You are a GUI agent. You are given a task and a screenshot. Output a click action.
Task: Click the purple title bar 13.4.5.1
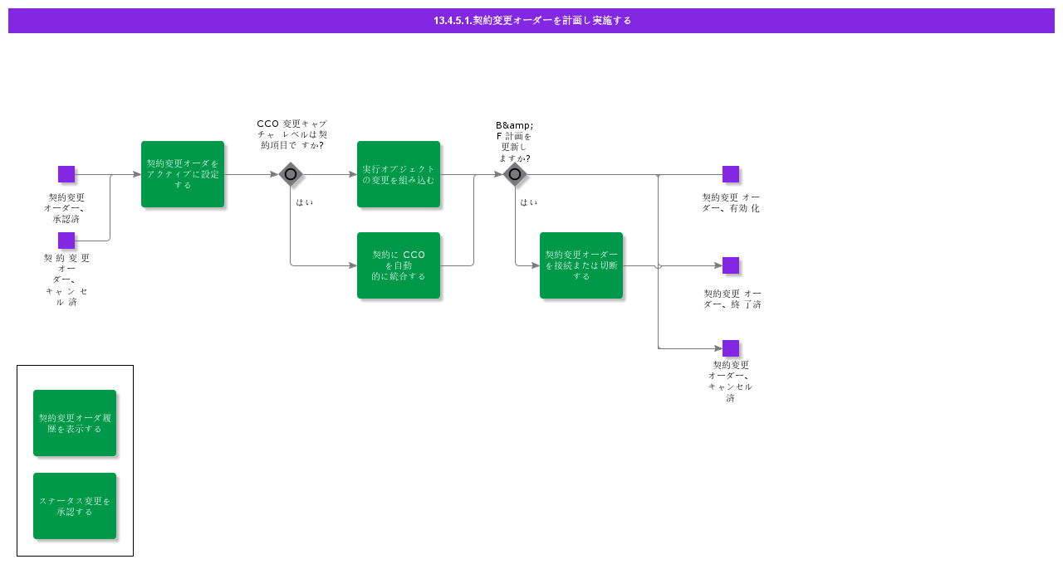pyautogui.click(x=531, y=20)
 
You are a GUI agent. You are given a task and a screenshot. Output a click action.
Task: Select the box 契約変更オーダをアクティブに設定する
pyautogui.click(x=183, y=174)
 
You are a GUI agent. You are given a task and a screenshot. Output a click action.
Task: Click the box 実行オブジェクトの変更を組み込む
pyautogui.click(x=399, y=174)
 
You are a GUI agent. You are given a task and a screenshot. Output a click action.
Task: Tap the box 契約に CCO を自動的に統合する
pyautogui.click(x=399, y=265)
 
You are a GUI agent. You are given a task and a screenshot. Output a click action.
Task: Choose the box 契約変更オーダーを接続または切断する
pyautogui.click(x=581, y=265)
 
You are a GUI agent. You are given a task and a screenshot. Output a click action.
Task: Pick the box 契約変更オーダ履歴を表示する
pyautogui.click(x=75, y=423)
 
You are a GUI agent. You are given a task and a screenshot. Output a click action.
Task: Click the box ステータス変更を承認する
pyautogui.click(x=75, y=506)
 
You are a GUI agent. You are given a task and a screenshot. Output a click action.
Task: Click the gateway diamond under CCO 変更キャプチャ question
pyautogui.click(x=291, y=174)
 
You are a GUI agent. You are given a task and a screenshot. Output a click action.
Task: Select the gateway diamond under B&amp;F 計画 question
pyautogui.click(x=515, y=174)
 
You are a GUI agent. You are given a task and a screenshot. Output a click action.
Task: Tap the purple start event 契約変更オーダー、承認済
pyautogui.click(x=66, y=174)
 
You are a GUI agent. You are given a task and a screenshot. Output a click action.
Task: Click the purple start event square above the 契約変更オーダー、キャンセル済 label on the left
pyautogui.click(x=66, y=241)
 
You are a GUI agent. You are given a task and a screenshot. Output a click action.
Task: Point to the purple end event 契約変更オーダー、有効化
pyautogui.click(x=731, y=174)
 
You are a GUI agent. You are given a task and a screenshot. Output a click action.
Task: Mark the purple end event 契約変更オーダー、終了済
pyautogui.click(x=731, y=265)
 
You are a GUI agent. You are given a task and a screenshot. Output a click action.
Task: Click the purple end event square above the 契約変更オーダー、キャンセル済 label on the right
pyautogui.click(x=731, y=348)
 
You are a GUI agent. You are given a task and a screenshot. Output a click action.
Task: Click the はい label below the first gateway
pyautogui.click(x=305, y=202)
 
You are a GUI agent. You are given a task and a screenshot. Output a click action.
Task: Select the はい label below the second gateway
pyautogui.click(x=529, y=202)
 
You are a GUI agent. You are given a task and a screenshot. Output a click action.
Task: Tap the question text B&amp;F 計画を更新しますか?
pyautogui.click(x=515, y=141)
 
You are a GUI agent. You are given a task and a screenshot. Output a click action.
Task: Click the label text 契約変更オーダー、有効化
pyautogui.click(x=731, y=202)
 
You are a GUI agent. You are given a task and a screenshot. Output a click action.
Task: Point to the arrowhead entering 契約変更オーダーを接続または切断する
pyautogui.click(x=536, y=265)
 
